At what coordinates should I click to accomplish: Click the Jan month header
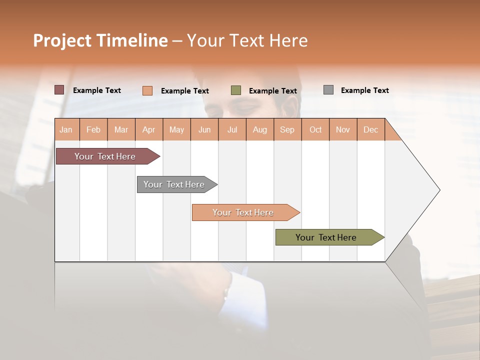point(66,129)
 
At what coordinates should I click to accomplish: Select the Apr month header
point(149,129)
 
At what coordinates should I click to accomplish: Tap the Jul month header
point(232,129)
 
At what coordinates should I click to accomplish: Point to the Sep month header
point(287,129)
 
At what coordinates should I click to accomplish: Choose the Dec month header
point(370,129)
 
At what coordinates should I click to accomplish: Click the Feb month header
point(93,129)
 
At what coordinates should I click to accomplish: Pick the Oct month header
point(315,129)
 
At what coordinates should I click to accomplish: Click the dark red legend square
point(59,90)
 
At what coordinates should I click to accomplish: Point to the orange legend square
point(147,90)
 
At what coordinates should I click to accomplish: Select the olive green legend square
point(236,90)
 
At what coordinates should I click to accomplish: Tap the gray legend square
point(328,90)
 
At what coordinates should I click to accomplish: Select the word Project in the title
point(62,40)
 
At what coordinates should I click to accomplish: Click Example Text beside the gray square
point(364,90)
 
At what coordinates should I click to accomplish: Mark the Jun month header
point(204,129)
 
